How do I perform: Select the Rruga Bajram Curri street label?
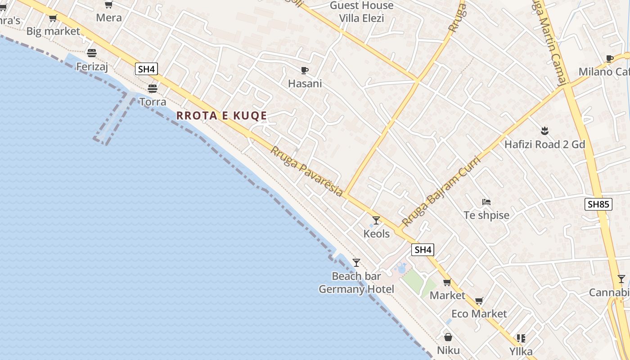click(x=441, y=191)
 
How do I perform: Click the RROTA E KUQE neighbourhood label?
click(x=221, y=116)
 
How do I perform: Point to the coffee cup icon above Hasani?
click(x=305, y=70)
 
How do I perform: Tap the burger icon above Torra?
click(x=153, y=88)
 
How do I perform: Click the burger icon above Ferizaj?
click(x=92, y=53)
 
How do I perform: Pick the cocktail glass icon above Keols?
click(x=376, y=220)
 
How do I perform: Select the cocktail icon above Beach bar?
click(x=356, y=262)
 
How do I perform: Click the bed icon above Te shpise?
click(x=486, y=202)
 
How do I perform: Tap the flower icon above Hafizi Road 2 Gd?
click(x=544, y=131)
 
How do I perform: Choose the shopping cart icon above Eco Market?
click(x=479, y=300)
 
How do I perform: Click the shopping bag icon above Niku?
click(x=448, y=337)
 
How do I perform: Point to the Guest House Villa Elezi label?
click(x=361, y=12)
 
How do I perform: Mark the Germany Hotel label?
click(x=356, y=289)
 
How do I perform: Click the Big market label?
click(x=53, y=31)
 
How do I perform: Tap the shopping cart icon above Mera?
click(x=108, y=5)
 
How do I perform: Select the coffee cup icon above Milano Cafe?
click(x=610, y=58)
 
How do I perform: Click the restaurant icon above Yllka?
click(x=521, y=338)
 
